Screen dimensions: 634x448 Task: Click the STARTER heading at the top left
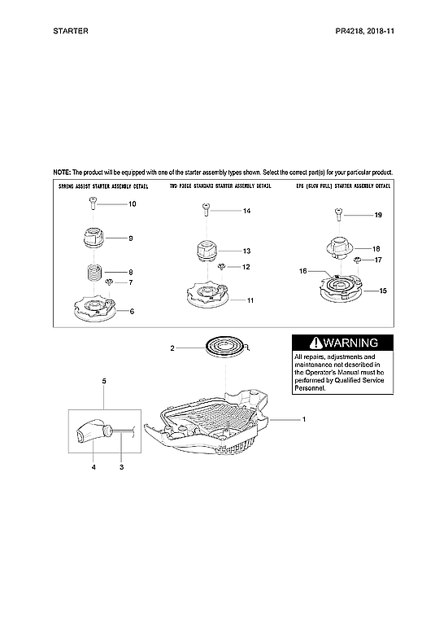[70, 30]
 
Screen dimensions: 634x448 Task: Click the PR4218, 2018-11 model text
[364, 30]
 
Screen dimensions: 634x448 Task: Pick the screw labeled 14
[206, 212]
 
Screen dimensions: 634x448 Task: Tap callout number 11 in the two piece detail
[250, 300]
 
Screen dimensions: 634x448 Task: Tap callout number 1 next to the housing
[303, 419]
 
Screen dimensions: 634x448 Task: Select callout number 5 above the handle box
[103, 380]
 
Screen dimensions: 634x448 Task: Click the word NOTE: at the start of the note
[62, 173]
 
